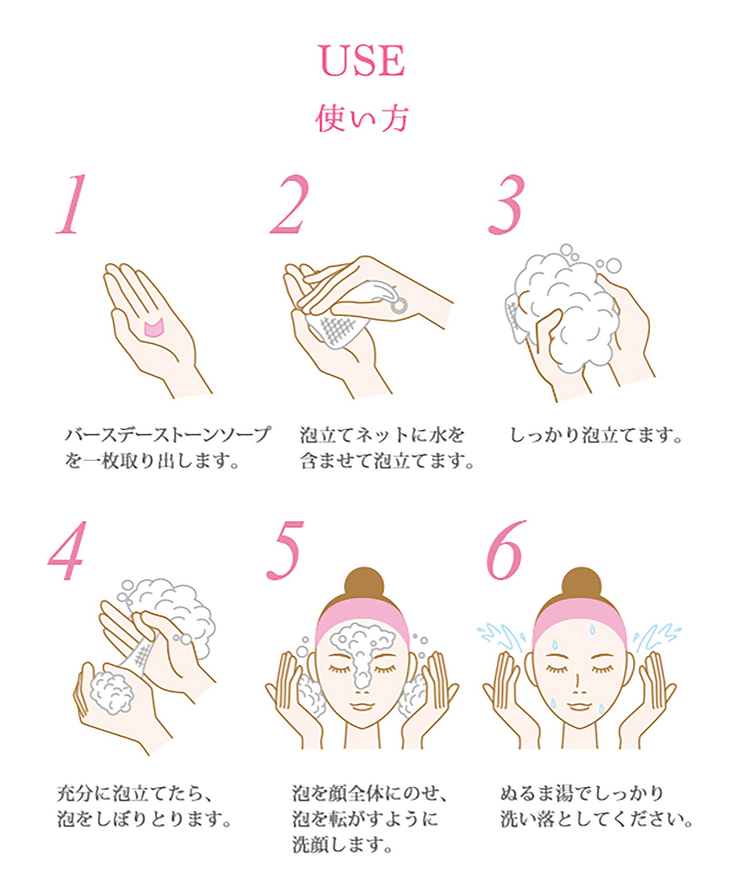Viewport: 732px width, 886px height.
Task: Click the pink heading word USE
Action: click(x=362, y=61)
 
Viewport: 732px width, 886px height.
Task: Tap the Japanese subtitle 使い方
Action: click(x=362, y=118)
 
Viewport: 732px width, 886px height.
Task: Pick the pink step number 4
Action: click(x=68, y=551)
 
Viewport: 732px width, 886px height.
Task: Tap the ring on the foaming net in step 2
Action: click(x=399, y=305)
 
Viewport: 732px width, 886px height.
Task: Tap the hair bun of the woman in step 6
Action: click(x=580, y=584)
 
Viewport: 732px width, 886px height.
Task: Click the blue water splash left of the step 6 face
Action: click(x=500, y=637)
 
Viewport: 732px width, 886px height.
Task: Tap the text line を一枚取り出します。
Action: click(x=152, y=461)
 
